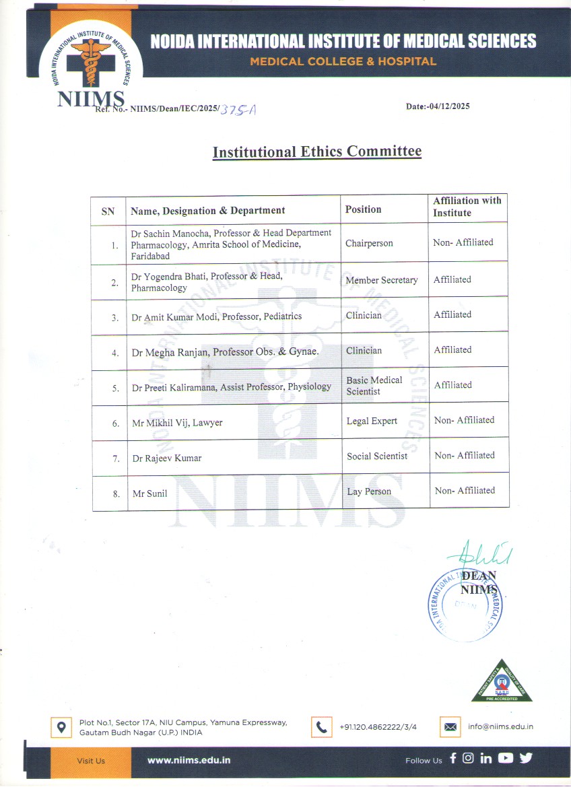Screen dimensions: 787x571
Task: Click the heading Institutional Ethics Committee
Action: (316, 151)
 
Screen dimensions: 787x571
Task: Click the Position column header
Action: (363, 209)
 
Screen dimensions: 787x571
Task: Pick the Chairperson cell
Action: (368, 243)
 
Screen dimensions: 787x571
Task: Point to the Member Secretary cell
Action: (381, 280)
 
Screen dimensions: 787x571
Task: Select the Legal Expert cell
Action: (372, 421)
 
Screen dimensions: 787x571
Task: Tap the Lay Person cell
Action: (368, 491)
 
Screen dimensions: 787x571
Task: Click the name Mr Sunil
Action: (149, 493)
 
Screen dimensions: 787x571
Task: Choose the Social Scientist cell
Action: (376, 456)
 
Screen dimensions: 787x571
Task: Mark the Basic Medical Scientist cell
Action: (374, 386)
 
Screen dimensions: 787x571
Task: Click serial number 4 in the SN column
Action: (116, 353)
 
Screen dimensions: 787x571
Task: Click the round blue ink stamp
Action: (465, 605)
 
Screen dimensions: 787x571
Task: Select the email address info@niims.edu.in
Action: (500, 726)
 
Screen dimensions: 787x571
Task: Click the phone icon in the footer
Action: (321, 727)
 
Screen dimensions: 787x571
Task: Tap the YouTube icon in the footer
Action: (505, 758)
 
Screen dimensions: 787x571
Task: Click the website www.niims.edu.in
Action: (189, 759)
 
